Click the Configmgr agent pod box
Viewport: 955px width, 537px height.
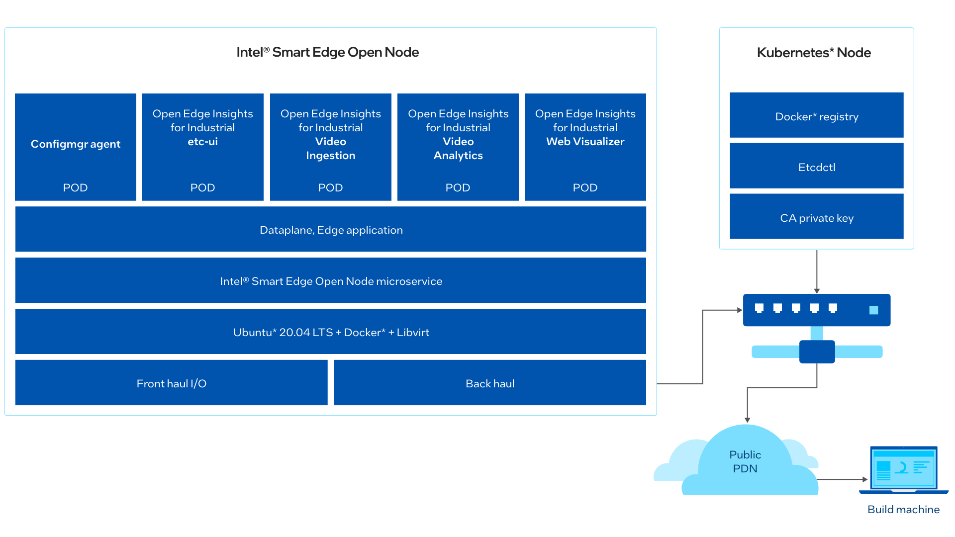[76, 147]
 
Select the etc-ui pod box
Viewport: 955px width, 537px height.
[203, 147]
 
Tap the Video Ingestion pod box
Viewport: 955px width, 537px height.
[331, 147]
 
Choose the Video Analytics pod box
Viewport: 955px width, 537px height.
[458, 147]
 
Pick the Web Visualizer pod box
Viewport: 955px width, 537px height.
[585, 147]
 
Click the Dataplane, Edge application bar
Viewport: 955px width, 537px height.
[331, 229]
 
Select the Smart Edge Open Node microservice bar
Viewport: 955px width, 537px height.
[331, 280]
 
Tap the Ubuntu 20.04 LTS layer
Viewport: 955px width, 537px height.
[331, 332]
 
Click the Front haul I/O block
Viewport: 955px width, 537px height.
[172, 383]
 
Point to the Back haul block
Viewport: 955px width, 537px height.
[490, 383]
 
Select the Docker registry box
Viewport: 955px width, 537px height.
[817, 115]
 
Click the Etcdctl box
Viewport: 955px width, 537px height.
[817, 166]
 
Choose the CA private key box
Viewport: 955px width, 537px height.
[817, 216]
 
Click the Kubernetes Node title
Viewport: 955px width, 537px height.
[814, 53]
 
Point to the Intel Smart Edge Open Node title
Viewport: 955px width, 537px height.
[328, 52]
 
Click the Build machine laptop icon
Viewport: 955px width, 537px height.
[904, 470]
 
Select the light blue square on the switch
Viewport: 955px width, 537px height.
[874, 310]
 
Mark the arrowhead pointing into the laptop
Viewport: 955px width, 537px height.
[865, 479]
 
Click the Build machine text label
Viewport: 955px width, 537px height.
[904, 510]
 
